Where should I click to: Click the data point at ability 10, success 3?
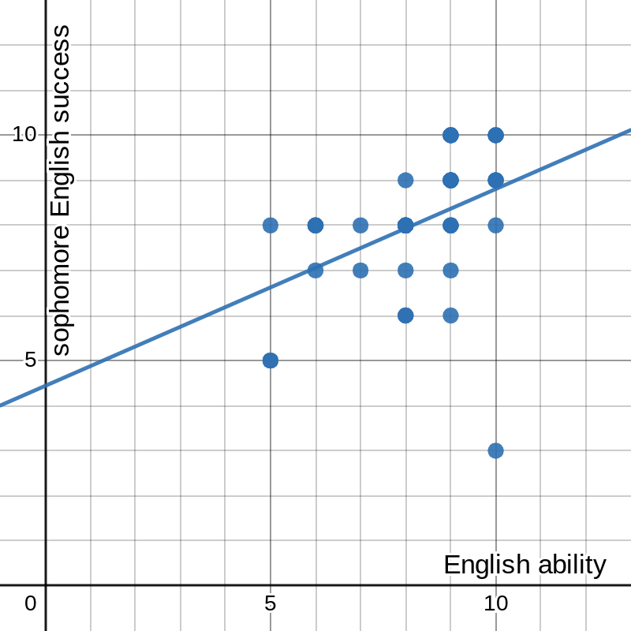(x=495, y=450)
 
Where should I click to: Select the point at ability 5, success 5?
(x=270, y=360)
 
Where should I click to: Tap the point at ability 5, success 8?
(x=270, y=226)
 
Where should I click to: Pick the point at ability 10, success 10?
(x=495, y=135)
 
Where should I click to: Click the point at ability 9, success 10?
(x=450, y=135)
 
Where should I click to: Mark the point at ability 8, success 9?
(x=405, y=180)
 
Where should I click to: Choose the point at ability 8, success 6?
(x=405, y=315)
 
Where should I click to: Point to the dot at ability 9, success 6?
(x=450, y=315)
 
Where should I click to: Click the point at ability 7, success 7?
(x=360, y=271)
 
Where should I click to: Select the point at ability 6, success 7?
(x=315, y=271)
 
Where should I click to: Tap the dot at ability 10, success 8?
(x=495, y=226)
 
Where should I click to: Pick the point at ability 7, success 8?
(x=360, y=226)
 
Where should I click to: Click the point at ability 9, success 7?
(x=450, y=271)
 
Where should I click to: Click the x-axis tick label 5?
(x=270, y=603)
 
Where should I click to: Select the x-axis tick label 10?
(x=495, y=603)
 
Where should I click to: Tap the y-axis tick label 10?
(x=24, y=135)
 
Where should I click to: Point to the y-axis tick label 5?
(x=30, y=360)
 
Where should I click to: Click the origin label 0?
(x=30, y=603)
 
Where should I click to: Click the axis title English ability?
(x=525, y=565)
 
